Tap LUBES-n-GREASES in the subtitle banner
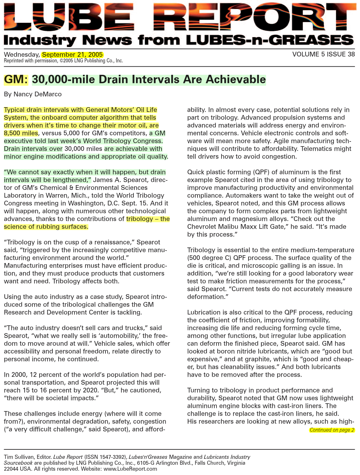click(270, 40)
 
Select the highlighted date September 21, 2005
click(72, 55)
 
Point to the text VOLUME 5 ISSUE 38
click(324, 54)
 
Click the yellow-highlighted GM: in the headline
click(16, 79)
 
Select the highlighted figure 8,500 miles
click(21, 133)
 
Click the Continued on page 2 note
click(332, 430)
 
